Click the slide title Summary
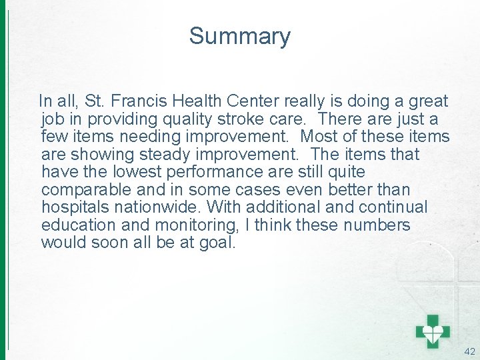click(239, 36)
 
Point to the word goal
click(217, 243)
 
